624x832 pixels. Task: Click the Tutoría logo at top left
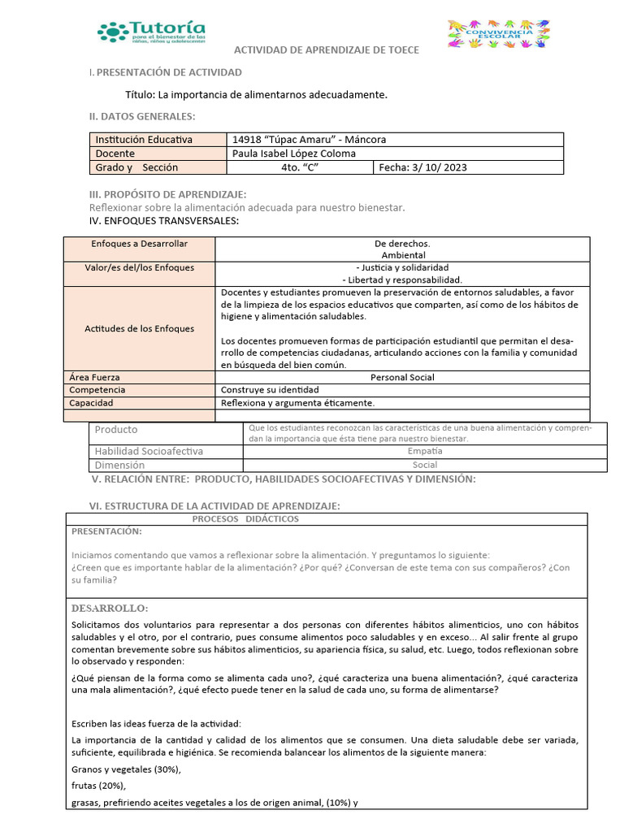tap(151, 32)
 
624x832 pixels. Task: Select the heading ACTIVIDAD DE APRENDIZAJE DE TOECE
tap(327, 50)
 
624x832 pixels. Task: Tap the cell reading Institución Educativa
tap(144, 140)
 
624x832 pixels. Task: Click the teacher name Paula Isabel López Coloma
tap(294, 154)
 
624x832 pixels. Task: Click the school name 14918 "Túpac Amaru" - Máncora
tap(309, 140)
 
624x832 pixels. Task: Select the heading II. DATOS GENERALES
tap(142, 117)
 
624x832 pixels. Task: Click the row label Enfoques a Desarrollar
tap(139, 244)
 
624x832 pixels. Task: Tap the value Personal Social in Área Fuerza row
tap(402, 377)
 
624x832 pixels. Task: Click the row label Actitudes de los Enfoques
tap(139, 328)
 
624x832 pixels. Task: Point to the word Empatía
tap(425, 451)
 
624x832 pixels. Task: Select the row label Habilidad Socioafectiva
tap(149, 451)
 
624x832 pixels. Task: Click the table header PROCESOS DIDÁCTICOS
tap(245, 518)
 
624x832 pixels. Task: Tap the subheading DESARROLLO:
tap(110, 608)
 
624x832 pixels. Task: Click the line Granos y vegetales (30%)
tap(126, 769)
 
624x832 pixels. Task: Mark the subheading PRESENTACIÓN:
tap(106, 531)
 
